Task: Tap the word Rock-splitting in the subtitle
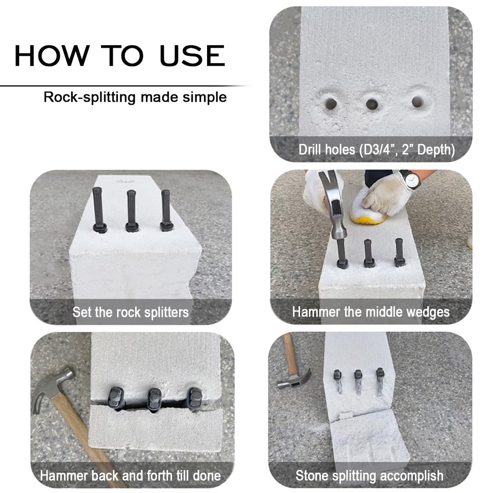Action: (x=90, y=97)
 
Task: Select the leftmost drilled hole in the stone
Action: (x=330, y=103)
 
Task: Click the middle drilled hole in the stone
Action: (x=372, y=104)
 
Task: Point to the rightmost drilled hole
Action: (x=417, y=102)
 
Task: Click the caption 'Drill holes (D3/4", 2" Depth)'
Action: (x=376, y=149)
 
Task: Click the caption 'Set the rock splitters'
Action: (x=130, y=312)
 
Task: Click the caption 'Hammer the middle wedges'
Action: (x=371, y=312)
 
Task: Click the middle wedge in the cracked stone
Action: (x=154, y=399)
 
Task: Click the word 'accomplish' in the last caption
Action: (x=412, y=476)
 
